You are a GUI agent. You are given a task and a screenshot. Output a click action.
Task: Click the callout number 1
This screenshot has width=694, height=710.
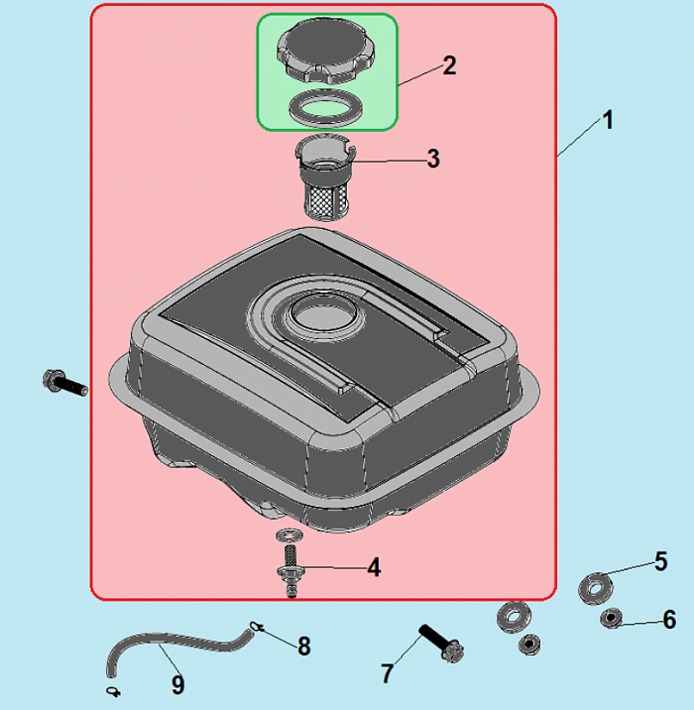(x=608, y=120)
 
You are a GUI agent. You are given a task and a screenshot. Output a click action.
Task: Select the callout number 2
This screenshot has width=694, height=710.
(x=449, y=65)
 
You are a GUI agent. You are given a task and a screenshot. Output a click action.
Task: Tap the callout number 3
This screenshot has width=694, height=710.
(x=433, y=159)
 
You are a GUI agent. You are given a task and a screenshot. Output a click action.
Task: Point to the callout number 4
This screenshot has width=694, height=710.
(x=374, y=567)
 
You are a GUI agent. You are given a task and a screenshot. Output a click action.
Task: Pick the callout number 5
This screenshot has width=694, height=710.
(x=661, y=561)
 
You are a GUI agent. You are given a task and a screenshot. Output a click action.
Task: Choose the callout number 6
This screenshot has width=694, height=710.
(x=669, y=620)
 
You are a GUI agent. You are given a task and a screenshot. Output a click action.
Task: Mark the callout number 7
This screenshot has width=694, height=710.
(x=387, y=673)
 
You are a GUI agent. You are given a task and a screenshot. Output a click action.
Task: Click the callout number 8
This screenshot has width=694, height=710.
(x=304, y=646)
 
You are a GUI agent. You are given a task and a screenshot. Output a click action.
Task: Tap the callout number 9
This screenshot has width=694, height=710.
(x=177, y=684)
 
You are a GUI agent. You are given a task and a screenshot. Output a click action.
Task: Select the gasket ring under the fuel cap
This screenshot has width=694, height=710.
(x=326, y=108)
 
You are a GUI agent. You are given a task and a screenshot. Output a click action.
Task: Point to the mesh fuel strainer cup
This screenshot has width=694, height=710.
(x=325, y=177)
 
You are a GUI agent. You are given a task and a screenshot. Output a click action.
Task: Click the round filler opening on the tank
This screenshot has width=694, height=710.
(x=326, y=315)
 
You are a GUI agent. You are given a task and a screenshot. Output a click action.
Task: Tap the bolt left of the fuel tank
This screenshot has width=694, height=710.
(x=64, y=383)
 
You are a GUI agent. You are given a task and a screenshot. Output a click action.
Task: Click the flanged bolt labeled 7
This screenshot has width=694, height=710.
(x=442, y=644)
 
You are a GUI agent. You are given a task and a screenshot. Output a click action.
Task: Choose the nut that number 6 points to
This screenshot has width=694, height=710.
(x=611, y=619)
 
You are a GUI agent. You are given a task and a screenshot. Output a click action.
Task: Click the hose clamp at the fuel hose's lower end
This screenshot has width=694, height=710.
(x=113, y=691)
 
